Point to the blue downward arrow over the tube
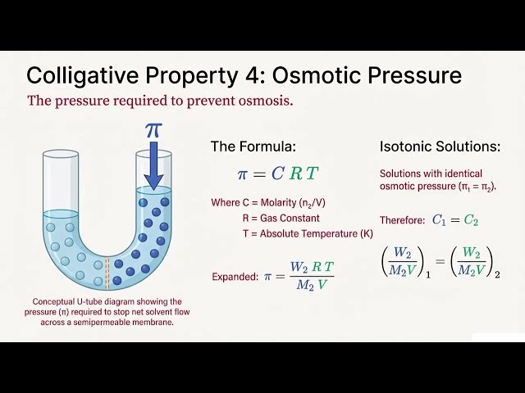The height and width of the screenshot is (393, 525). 153,168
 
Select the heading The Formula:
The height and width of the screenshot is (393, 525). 253,147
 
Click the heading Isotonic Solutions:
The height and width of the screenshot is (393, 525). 440,147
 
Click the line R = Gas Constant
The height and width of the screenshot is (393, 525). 281,219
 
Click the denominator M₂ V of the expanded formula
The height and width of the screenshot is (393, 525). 311,285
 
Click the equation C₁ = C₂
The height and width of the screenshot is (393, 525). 454,220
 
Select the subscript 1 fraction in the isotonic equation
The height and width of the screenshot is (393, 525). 401,262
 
